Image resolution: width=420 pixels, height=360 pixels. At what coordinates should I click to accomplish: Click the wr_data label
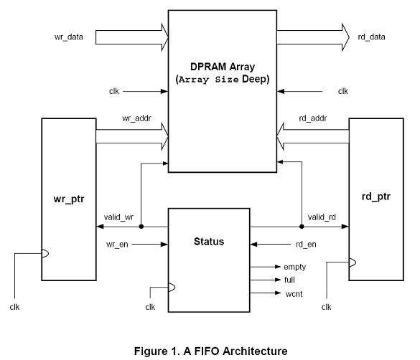pos(69,37)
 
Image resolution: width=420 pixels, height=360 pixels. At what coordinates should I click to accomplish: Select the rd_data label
pos(371,37)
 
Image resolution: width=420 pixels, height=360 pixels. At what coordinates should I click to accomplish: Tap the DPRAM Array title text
pos(223,67)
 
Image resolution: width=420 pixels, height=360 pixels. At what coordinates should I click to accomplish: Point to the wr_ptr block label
pos(69,199)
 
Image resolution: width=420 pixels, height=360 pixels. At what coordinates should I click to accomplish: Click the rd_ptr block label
pos(376,196)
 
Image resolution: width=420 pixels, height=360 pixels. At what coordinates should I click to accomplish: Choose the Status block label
pos(209,242)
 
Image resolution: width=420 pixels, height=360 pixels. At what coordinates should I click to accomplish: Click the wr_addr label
pos(136,118)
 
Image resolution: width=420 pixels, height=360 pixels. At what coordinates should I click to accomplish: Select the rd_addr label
pos(313,118)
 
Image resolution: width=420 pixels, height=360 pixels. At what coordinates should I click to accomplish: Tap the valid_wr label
pos(118,217)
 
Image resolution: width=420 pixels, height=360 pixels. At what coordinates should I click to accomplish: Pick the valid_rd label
pos(322,217)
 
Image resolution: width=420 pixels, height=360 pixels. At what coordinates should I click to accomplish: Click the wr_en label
pos(117,245)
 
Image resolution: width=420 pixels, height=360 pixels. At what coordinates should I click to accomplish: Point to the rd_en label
pos(306,245)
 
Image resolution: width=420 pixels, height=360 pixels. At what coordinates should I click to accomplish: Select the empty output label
pos(294,267)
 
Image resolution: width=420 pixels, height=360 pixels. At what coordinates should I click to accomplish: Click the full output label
pos(289,280)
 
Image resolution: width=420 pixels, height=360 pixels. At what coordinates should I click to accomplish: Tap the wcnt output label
pos(294,294)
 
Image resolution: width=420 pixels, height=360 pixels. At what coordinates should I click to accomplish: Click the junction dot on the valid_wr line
pos(141,227)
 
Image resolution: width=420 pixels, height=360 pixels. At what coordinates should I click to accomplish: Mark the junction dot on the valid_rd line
pos(302,227)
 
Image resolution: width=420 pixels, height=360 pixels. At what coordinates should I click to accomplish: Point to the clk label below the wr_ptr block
pos(14,307)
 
